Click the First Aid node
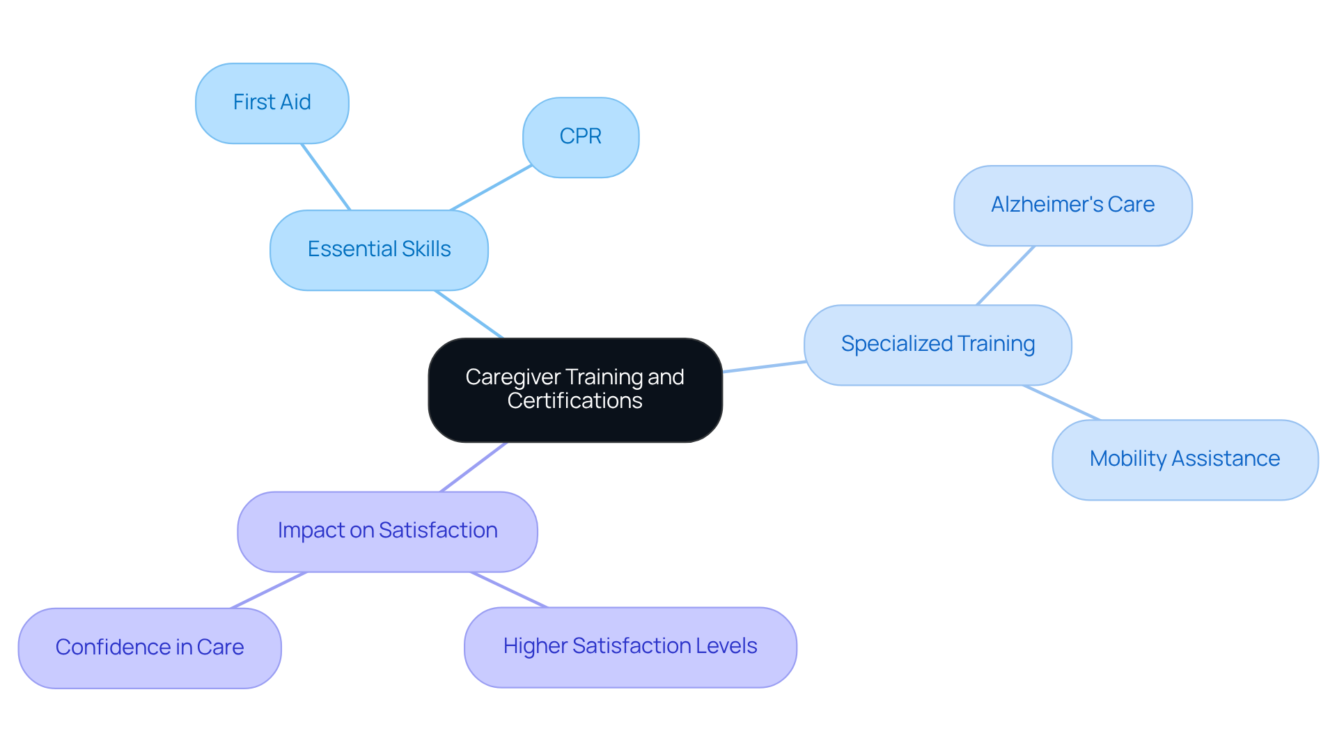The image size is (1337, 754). (x=272, y=103)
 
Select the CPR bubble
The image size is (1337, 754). (x=580, y=137)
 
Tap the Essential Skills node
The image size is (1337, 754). (x=379, y=250)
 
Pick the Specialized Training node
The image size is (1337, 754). (x=937, y=345)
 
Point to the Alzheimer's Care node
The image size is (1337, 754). (x=1072, y=205)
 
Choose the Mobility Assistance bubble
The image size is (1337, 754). (x=1184, y=460)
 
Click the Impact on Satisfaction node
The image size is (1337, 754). (x=387, y=531)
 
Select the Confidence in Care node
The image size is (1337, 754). (x=150, y=648)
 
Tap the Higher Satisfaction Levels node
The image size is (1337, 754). (x=630, y=647)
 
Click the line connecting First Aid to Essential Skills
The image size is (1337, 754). (x=325, y=177)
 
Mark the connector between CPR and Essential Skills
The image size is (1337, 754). (x=491, y=188)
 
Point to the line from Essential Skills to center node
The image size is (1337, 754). (x=469, y=314)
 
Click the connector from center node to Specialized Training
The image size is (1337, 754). (x=764, y=367)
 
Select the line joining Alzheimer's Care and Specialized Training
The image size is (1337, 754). (x=1006, y=276)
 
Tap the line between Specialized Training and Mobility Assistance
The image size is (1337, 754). (x=1061, y=402)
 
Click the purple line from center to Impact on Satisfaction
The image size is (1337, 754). (x=474, y=467)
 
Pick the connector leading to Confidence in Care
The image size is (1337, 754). (x=269, y=590)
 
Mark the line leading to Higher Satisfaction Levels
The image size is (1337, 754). (x=509, y=590)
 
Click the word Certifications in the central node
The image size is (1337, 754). (x=574, y=402)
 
